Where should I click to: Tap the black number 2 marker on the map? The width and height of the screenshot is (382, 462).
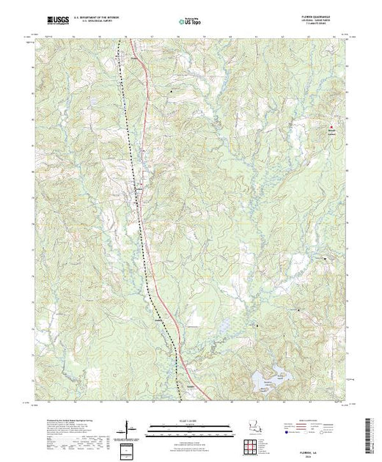coord(257,324)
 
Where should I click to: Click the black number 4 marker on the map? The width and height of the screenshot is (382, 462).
coord(299,311)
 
